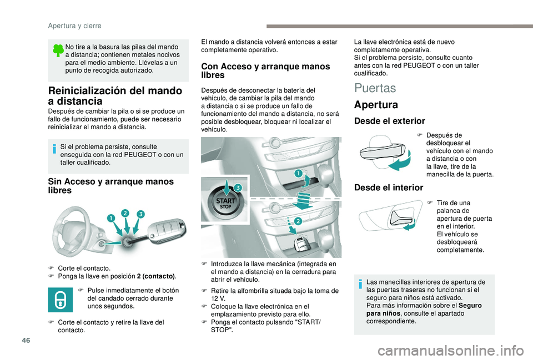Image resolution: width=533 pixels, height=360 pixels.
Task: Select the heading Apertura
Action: [375, 104]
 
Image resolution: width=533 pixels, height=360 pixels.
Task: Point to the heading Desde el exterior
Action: [390, 120]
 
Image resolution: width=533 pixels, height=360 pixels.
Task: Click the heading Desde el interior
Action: [388, 187]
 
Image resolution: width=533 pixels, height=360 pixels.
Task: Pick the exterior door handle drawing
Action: [383, 153]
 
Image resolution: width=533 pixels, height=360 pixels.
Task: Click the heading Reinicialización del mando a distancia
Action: [115, 95]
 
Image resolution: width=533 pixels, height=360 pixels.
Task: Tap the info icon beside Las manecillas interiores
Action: [361, 283]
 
